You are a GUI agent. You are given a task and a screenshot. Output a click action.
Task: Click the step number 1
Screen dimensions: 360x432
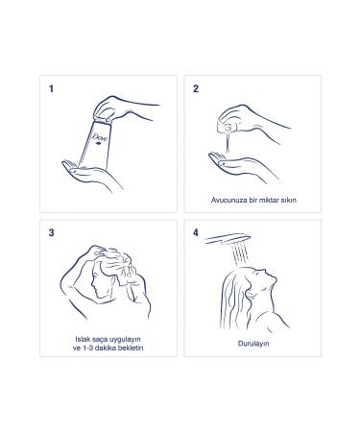[51, 88]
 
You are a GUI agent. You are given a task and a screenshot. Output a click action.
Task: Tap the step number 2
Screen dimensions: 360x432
[196, 88]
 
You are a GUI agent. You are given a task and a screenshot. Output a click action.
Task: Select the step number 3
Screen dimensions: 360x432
[51, 232]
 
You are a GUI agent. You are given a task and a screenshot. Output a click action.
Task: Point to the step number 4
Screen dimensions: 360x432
[196, 232]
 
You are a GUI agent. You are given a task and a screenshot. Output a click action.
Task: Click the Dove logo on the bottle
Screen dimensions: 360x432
[100, 139]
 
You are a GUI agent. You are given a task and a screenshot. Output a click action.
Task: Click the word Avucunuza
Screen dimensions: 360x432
[225, 200]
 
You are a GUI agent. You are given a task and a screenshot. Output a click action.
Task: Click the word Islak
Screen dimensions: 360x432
[82, 339]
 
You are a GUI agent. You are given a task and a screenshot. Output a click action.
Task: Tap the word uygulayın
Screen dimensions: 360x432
[125, 340]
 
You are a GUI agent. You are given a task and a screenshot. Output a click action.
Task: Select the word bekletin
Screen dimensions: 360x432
[131, 348]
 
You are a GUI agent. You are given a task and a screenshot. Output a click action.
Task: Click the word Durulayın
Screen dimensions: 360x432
[253, 344]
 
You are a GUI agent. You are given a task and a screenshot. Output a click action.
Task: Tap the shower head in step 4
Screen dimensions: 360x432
[228, 239]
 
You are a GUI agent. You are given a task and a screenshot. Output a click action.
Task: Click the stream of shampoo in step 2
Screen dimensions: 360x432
[228, 141]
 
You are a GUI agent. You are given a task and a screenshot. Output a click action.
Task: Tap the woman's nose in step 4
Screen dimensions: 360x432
[275, 276]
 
